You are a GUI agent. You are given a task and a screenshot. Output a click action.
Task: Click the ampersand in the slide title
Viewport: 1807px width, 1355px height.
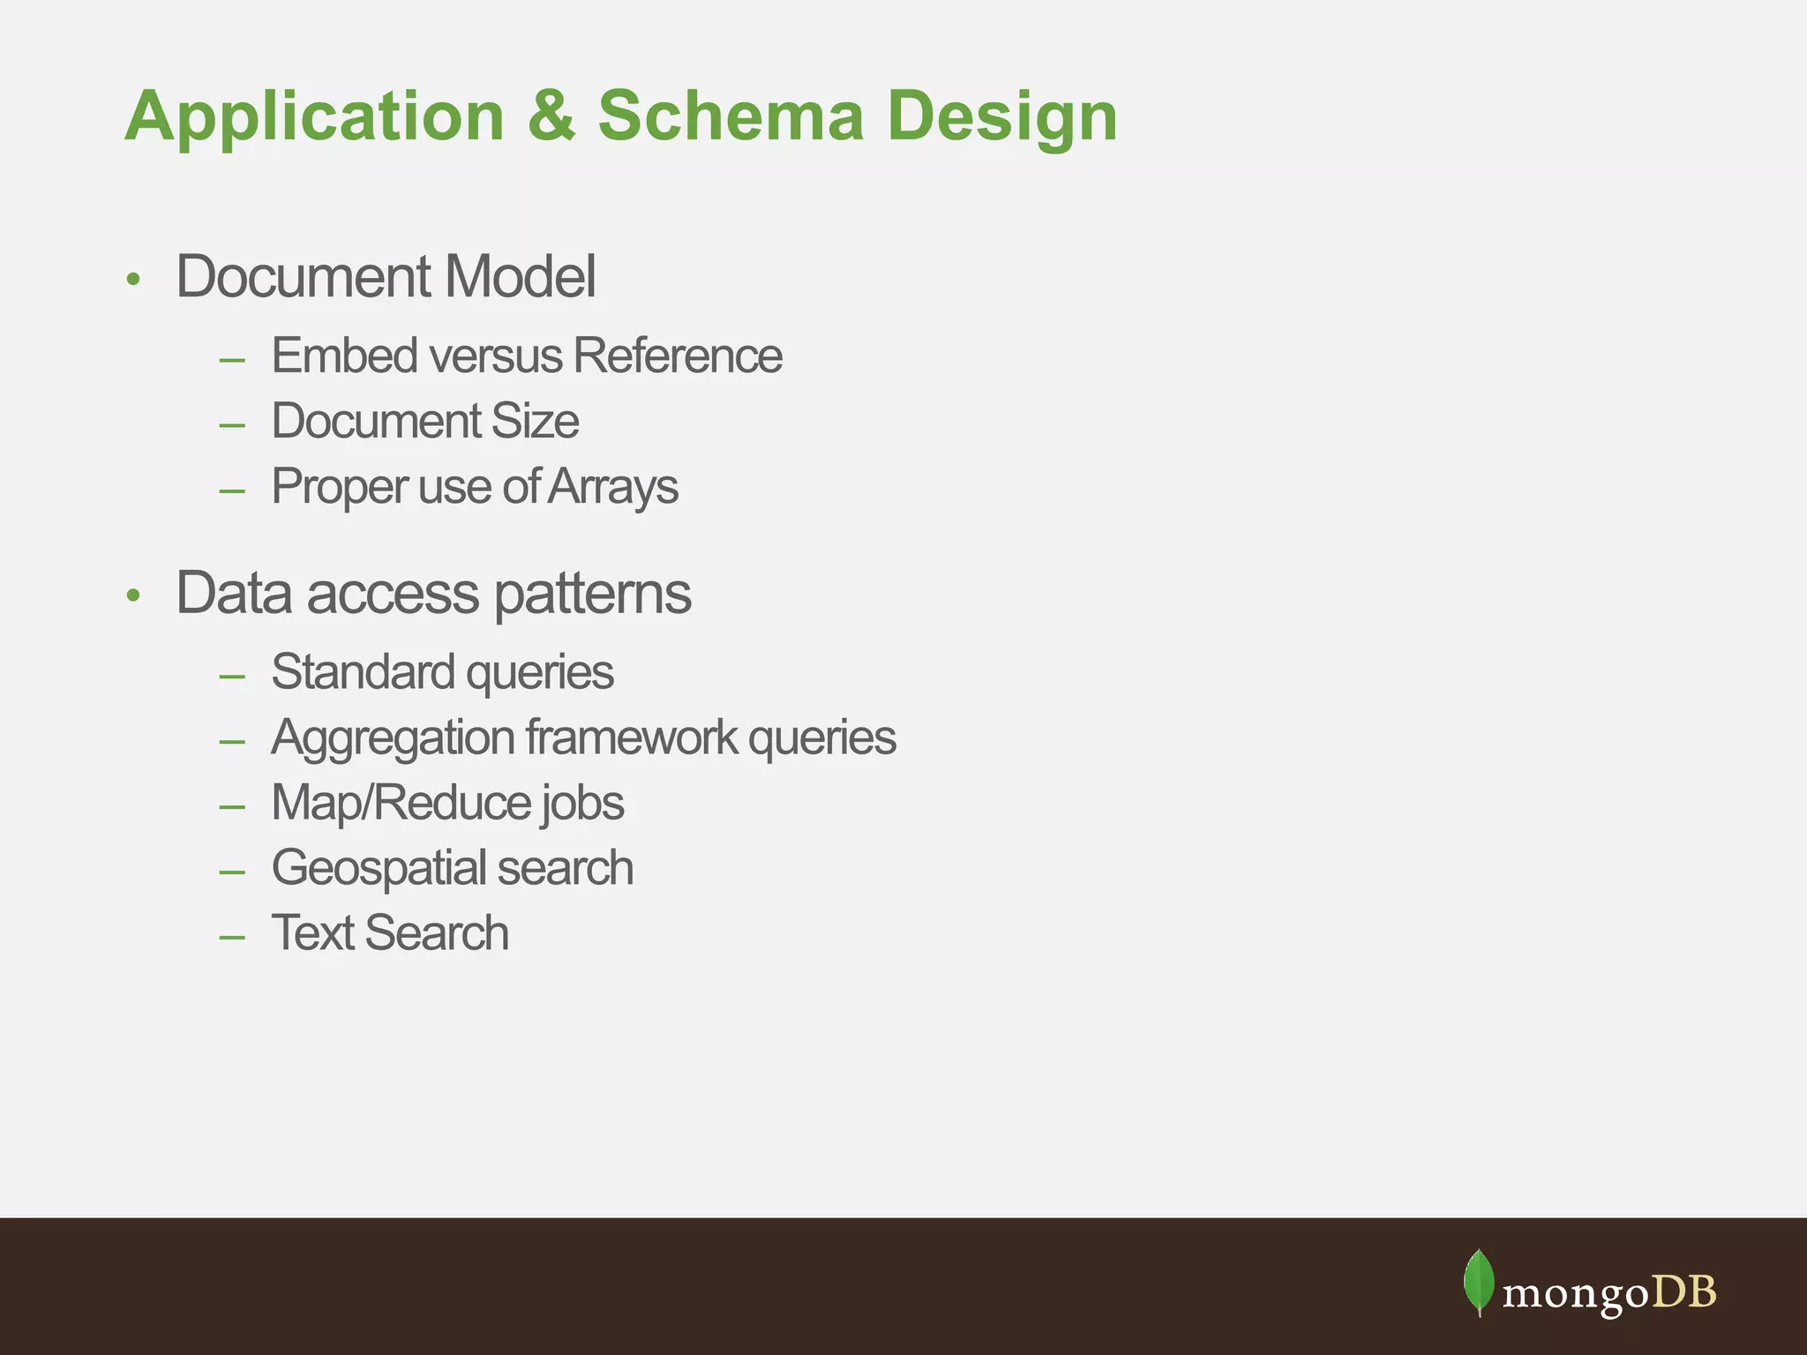tap(551, 116)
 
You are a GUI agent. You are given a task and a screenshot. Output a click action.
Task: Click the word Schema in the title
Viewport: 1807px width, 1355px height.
tap(731, 116)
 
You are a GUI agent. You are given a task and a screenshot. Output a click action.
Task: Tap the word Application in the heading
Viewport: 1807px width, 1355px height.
tap(315, 117)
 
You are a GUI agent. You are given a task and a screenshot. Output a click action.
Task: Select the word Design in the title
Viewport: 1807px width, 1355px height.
tap(1002, 117)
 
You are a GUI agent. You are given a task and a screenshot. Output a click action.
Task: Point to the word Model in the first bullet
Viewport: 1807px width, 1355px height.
tap(520, 276)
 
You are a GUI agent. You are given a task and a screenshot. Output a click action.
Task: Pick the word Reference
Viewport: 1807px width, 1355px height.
tap(678, 356)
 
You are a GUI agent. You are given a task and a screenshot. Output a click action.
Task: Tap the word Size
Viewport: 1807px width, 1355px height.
tap(535, 421)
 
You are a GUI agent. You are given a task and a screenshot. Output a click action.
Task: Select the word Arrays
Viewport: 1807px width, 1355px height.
tap(613, 487)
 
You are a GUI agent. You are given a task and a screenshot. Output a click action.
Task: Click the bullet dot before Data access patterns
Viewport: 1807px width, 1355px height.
tap(133, 596)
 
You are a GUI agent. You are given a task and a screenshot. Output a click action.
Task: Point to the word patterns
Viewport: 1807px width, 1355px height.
tap(592, 594)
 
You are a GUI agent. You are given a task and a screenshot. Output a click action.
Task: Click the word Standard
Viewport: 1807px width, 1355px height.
tap(363, 672)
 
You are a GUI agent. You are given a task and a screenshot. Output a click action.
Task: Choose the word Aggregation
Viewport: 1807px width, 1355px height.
tap(393, 738)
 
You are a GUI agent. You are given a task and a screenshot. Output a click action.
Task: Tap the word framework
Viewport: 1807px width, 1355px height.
tap(631, 737)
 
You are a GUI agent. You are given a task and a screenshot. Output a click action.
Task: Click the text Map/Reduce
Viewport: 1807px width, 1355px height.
tap(401, 804)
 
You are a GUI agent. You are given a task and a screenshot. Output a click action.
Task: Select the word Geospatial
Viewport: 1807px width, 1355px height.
tap(379, 869)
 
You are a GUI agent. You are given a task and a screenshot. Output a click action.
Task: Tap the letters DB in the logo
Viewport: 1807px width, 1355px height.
tap(1683, 1292)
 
